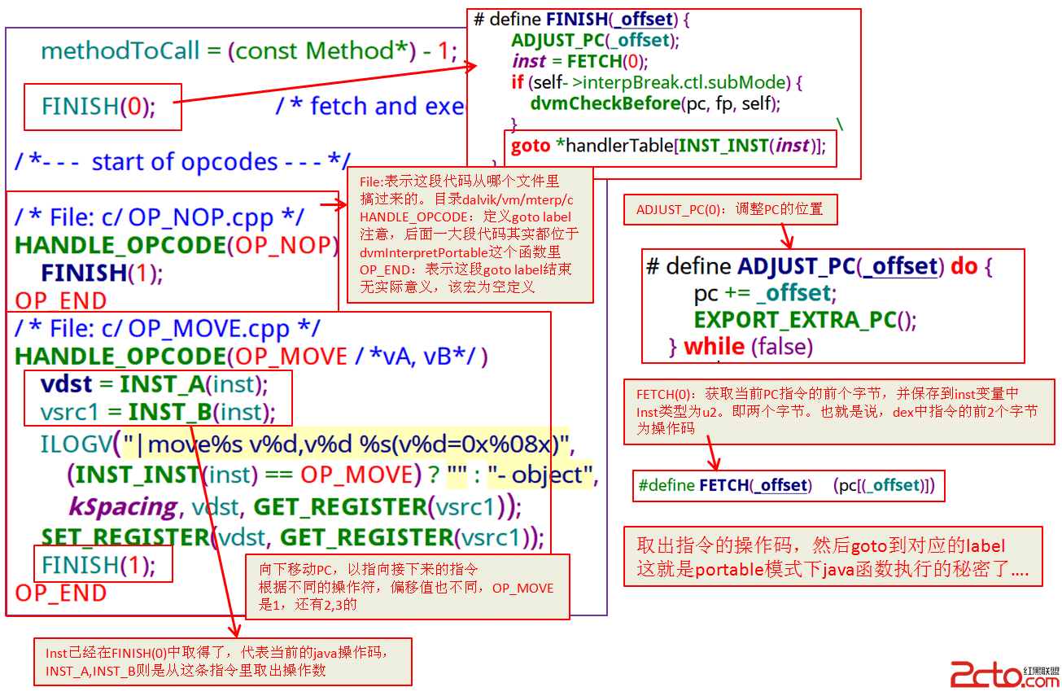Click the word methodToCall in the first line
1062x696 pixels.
point(120,51)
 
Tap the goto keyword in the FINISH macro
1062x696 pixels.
point(530,147)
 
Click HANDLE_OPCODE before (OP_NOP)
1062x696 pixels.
point(120,245)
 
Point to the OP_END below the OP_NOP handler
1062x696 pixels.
point(60,300)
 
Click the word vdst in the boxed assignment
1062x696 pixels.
point(67,383)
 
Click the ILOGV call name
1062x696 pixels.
point(76,444)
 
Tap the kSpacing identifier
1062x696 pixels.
point(122,506)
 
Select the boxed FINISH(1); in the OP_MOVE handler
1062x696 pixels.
point(103,564)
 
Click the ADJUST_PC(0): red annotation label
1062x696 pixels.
point(729,210)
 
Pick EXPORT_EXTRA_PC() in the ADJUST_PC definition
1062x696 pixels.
point(805,320)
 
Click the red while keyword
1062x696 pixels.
point(714,347)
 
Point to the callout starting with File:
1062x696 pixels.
point(470,235)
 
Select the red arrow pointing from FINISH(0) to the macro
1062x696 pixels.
point(326,85)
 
